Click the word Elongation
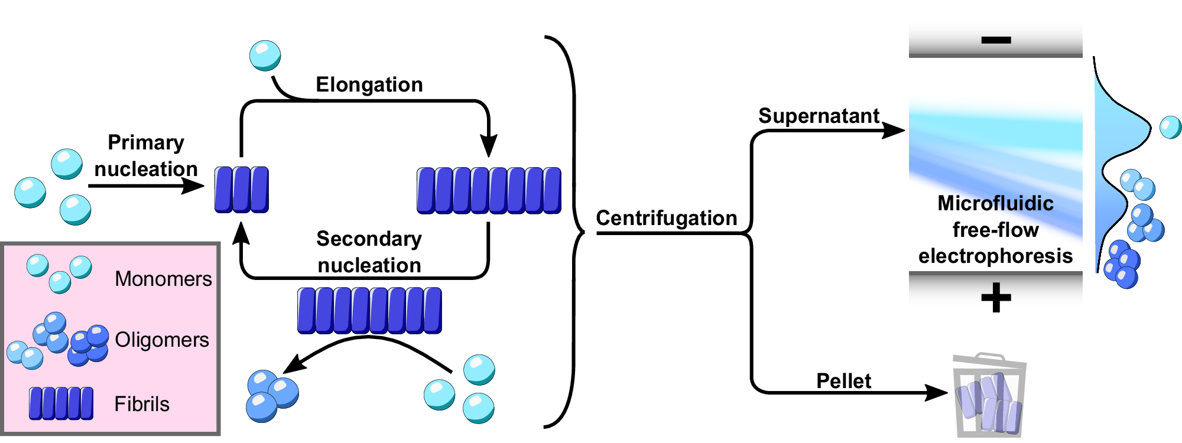click(369, 84)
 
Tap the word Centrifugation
click(666, 218)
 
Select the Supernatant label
click(819, 116)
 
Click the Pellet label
click(843, 381)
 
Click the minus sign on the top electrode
click(996, 40)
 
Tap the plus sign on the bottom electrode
click(996, 297)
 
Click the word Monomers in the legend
click(163, 279)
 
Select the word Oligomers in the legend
click(162, 340)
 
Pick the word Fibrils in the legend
click(142, 404)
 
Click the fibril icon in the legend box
click(61, 403)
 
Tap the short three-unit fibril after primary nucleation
click(241, 189)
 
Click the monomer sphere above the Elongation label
click(265, 56)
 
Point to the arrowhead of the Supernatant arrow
click(894, 130)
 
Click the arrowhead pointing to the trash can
click(937, 392)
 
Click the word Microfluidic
click(995, 203)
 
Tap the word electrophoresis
click(995, 256)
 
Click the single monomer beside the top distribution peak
click(1170, 127)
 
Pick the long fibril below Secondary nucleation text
click(369, 310)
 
